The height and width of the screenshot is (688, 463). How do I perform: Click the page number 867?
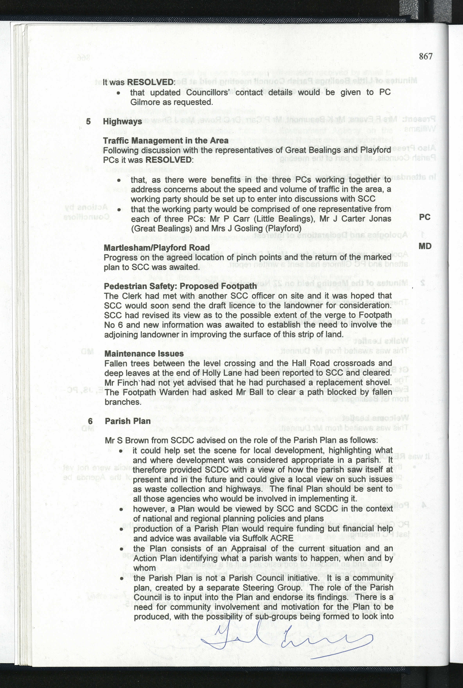pyautogui.click(x=426, y=56)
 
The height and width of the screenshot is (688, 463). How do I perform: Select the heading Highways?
pyautogui.click(x=122, y=122)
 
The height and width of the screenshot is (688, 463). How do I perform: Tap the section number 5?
pyautogui.click(x=88, y=121)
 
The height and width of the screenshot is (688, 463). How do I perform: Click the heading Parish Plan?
pyautogui.click(x=128, y=421)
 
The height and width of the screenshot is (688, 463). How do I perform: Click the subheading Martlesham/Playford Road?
pyautogui.click(x=156, y=248)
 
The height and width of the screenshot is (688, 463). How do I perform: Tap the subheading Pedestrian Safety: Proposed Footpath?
pyautogui.click(x=180, y=286)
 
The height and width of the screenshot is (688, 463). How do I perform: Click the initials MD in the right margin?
pyautogui.click(x=425, y=246)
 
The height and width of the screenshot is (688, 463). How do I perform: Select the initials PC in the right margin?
pyautogui.click(x=425, y=217)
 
